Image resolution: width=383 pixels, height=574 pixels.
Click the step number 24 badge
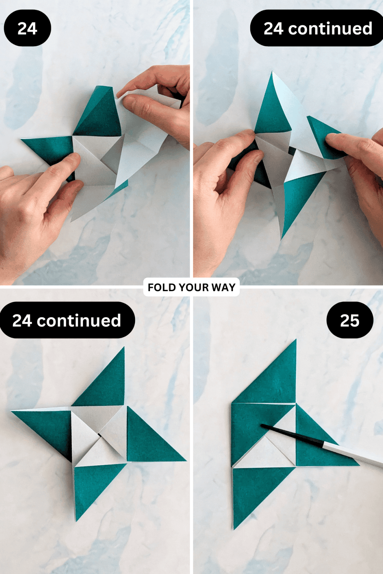[x=27, y=28]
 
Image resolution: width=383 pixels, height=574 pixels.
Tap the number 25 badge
[x=350, y=321]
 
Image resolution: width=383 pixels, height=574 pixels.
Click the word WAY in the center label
[x=223, y=287]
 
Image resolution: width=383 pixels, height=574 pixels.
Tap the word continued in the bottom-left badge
[x=79, y=321]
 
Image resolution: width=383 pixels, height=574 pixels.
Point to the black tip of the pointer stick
[x=263, y=426]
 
